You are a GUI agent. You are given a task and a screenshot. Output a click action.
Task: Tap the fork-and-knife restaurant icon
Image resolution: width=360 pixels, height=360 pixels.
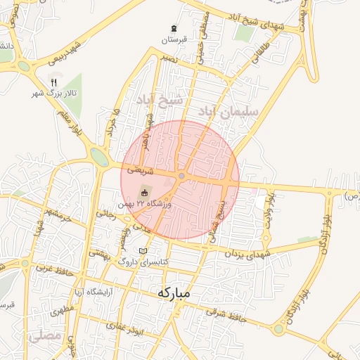(x=53, y=82)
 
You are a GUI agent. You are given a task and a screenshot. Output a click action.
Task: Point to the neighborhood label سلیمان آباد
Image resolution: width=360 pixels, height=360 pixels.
(x=230, y=111)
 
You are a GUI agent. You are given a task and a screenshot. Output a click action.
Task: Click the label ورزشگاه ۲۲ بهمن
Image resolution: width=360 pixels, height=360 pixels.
(x=163, y=203)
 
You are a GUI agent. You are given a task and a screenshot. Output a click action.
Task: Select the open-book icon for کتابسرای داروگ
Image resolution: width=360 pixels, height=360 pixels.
(x=143, y=251)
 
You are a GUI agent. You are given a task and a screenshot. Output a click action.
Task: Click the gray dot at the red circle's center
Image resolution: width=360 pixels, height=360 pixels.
(x=181, y=176)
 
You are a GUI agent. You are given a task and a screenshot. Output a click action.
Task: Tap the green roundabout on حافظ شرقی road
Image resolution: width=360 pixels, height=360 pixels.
(x=279, y=328)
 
